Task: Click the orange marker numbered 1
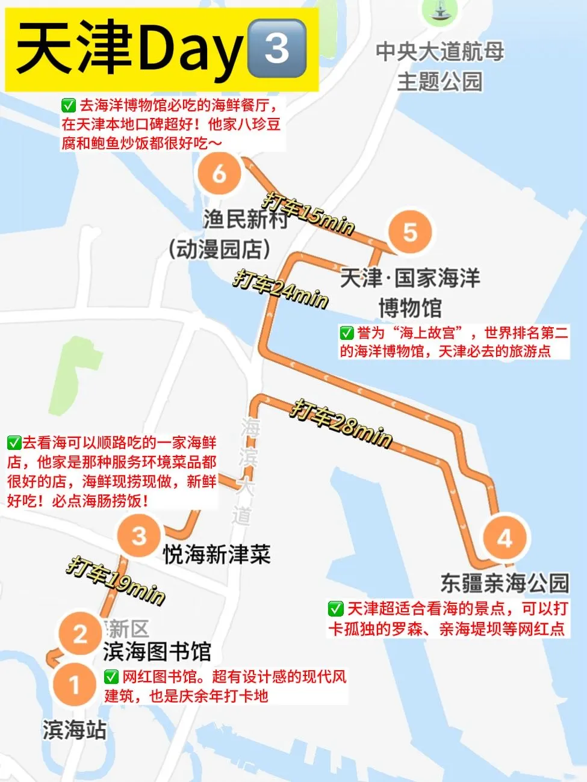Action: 75,684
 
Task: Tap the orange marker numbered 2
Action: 81,633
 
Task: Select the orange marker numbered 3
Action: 139,535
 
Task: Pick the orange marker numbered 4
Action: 505,538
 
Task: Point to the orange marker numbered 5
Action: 410,232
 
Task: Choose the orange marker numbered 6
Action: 220,173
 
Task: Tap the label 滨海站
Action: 75,730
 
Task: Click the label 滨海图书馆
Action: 157,651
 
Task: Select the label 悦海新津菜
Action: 217,554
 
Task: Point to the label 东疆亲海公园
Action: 505,582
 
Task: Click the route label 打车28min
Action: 341,423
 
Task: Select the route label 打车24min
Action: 281,289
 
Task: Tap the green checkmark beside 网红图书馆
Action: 111,677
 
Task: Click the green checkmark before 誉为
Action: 347,333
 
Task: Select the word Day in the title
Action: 190,49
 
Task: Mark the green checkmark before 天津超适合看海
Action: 335,609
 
